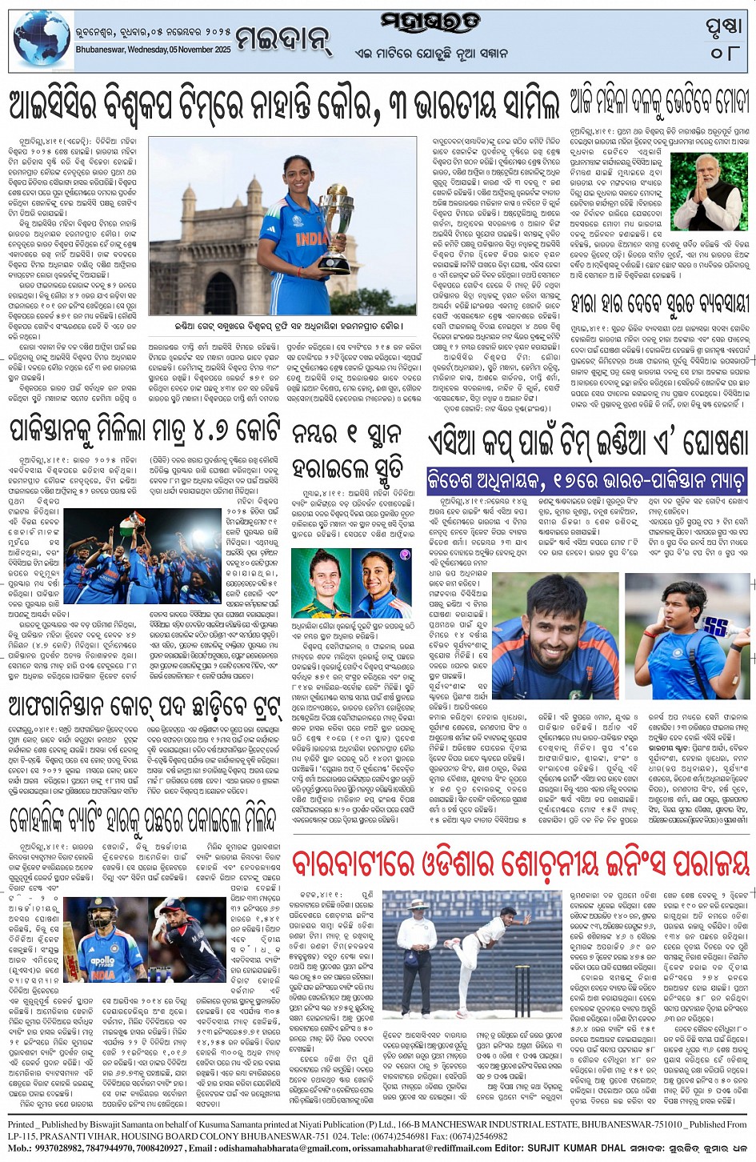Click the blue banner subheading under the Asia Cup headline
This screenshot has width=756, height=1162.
pos(586,480)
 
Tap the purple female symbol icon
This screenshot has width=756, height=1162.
pos(405,554)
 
